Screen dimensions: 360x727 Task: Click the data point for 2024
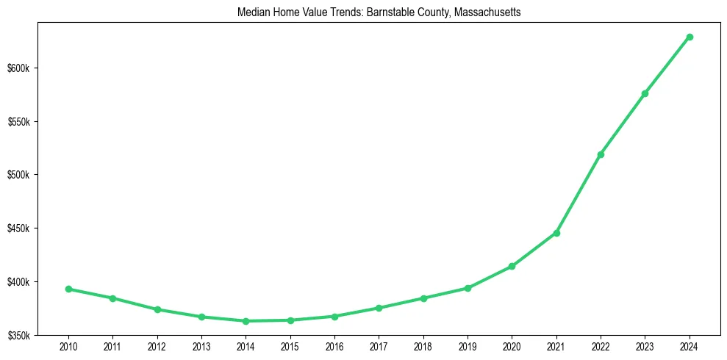pos(690,37)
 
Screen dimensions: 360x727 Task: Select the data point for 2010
pos(68,289)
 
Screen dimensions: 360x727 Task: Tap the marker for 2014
pos(246,321)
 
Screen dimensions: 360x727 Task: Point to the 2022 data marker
pos(601,154)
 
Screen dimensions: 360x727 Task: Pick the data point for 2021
pos(556,233)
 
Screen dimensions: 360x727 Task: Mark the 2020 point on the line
pos(512,266)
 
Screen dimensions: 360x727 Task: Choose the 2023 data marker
pos(645,93)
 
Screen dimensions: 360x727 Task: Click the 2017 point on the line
pos(379,308)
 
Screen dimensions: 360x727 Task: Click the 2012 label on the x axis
pos(157,345)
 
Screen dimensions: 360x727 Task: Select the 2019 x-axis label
pos(468,345)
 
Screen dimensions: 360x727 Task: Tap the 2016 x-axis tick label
pos(334,345)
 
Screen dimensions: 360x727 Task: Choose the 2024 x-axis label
pos(690,345)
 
